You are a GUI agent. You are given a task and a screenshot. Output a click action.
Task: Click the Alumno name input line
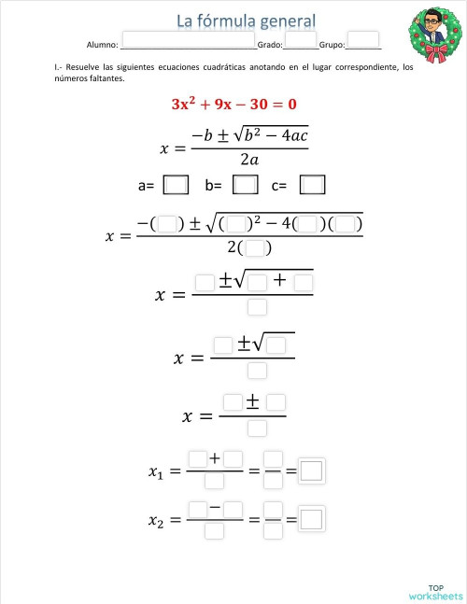click(187, 43)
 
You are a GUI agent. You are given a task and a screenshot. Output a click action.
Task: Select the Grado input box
click(301, 41)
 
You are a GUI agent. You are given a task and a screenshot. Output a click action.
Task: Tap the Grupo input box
click(363, 41)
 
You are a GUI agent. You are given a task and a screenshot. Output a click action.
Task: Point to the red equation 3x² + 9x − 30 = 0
click(233, 103)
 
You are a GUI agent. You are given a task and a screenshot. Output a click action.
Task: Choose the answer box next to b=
click(245, 185)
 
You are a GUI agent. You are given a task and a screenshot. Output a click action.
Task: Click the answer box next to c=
click(313, 185)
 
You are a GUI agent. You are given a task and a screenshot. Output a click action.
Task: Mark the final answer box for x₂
click(312, 519)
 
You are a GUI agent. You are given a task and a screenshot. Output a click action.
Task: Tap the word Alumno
click(102, 44)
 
